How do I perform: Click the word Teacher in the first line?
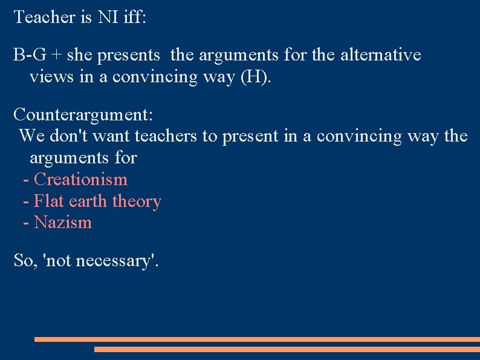tap(44, 17)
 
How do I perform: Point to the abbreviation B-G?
tap(28, 55)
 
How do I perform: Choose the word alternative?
tap(380, 55)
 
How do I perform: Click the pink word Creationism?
tap(81, 179)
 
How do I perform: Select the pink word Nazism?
tap(63, 222)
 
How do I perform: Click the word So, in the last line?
tap(27, 261)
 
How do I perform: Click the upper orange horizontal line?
tap(257, 339)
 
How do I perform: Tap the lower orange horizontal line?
tap(287, 349)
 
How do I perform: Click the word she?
tap(78, 55)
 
